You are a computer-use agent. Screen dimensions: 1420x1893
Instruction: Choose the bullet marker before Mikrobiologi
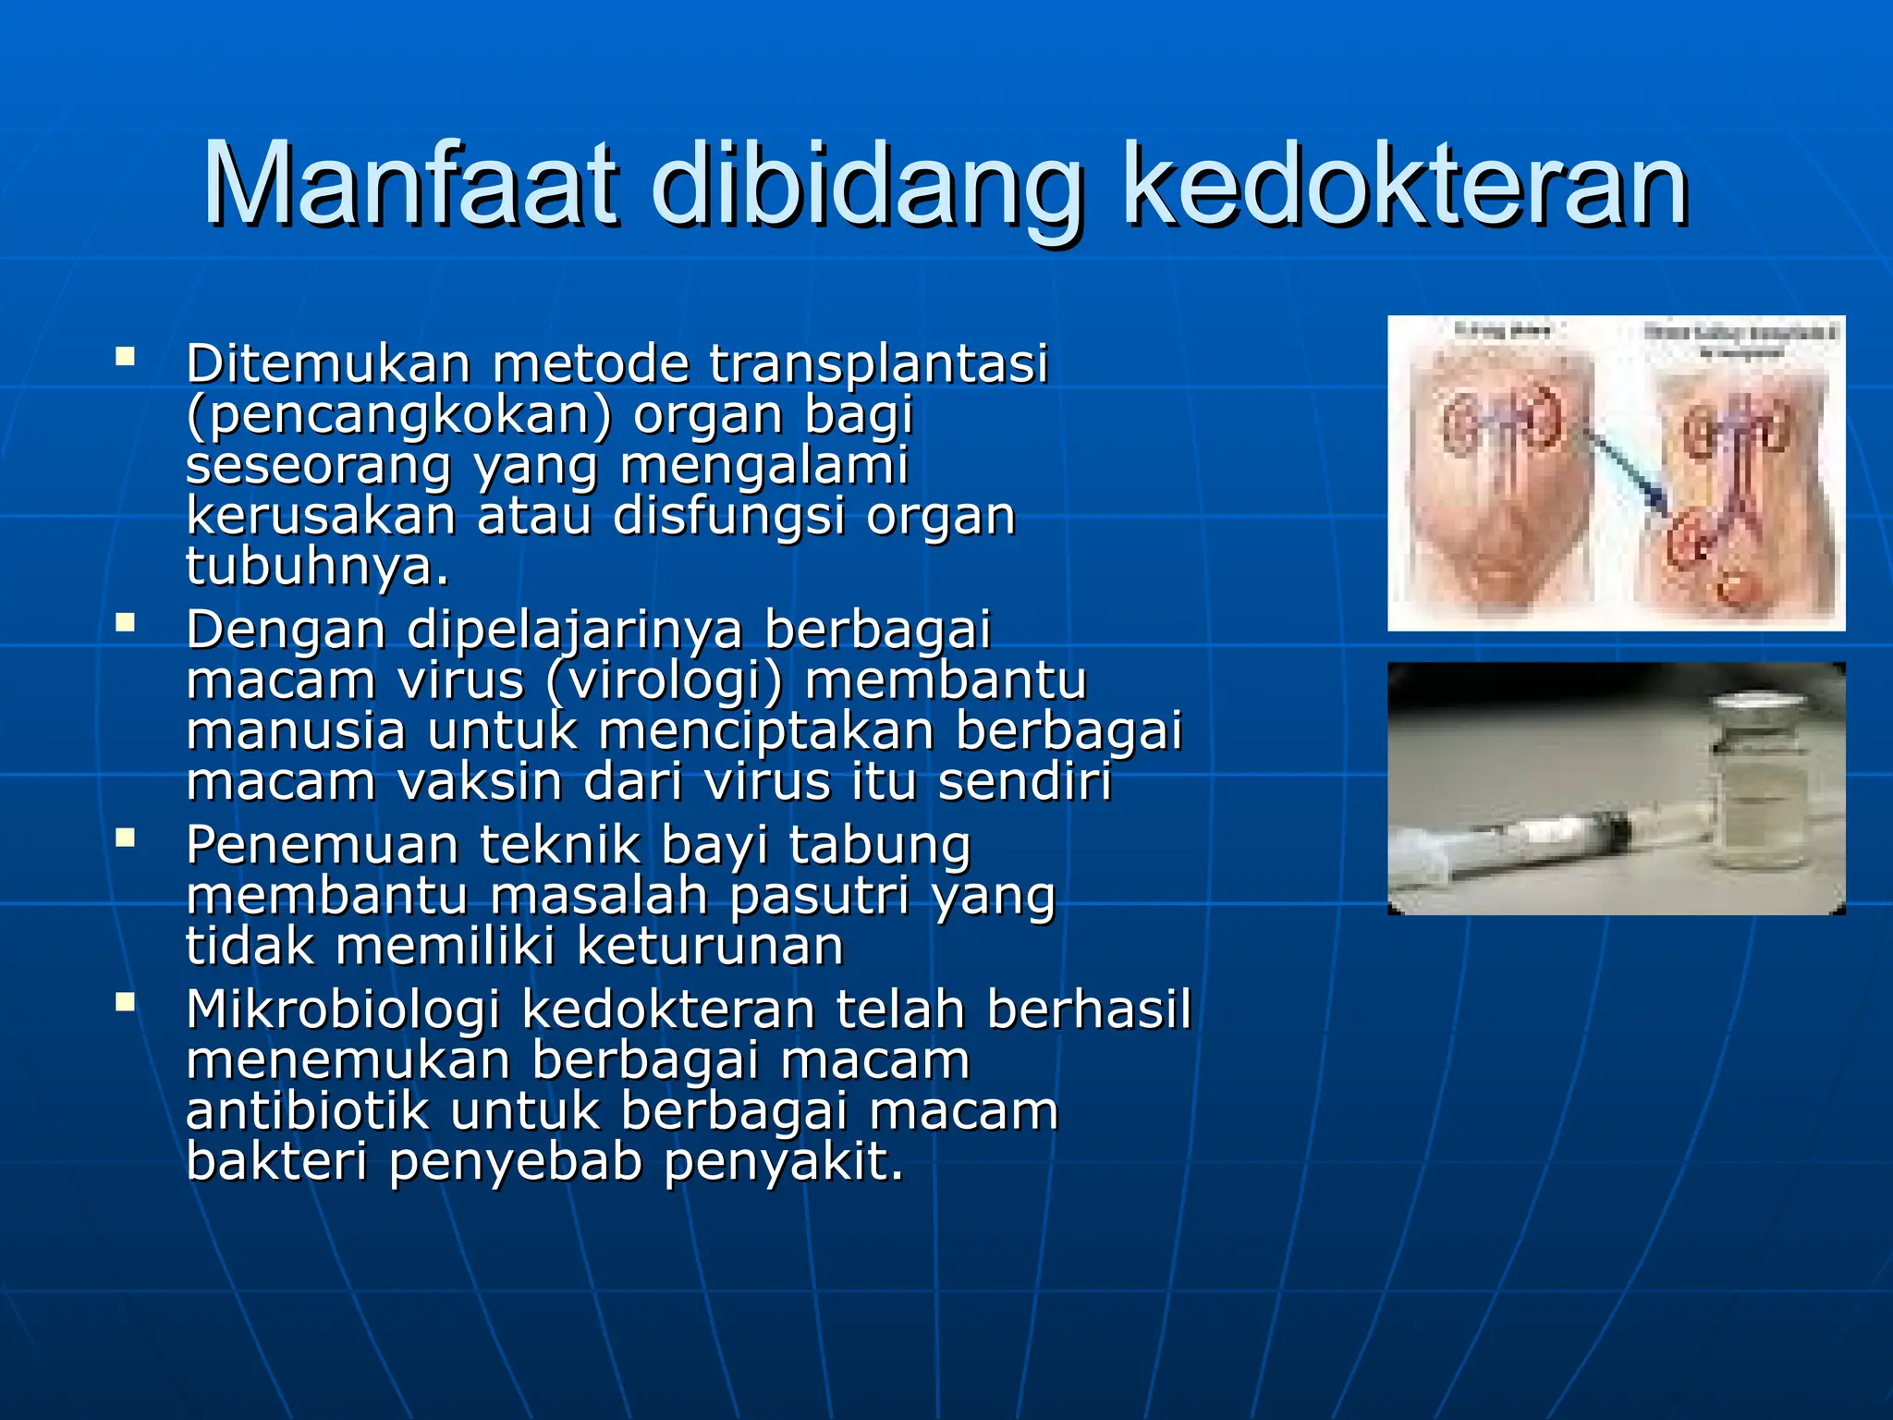125,1001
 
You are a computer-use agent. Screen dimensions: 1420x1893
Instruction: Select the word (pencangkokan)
398,416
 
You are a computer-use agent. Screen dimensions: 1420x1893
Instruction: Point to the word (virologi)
664,681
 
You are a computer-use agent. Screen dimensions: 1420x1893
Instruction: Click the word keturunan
710,947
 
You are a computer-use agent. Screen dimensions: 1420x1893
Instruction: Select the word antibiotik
308,1110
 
